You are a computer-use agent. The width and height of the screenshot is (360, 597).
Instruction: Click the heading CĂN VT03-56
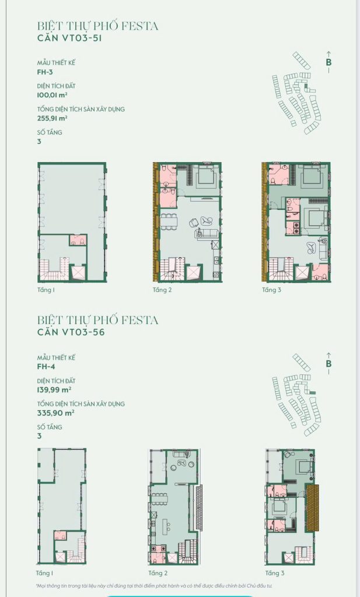(x=71, y=332)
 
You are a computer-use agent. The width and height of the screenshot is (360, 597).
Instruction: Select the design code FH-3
(x=45, y=72)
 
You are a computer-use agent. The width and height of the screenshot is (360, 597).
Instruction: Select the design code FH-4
(x=46, y=367)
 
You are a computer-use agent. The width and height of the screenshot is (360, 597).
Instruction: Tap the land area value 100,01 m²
(x=53, y=95)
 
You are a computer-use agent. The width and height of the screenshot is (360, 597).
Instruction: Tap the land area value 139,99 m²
(x=54, y=390)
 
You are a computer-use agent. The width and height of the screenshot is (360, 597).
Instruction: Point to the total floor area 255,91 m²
(x=53, y=118)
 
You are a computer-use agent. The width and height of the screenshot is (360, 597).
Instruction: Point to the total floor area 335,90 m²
(x=55, y=413)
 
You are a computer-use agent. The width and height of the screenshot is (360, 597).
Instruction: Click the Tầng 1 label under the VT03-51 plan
(x=46, y=290)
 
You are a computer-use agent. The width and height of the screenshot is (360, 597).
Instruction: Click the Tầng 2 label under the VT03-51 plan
(x=162, y=290)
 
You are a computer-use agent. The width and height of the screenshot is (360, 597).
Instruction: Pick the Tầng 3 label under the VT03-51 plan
(x=271, y=290)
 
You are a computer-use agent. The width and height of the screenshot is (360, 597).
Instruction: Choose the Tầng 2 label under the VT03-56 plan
(x=158, y=574)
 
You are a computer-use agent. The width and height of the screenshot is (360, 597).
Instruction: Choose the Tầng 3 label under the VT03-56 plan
(x=275, y=574)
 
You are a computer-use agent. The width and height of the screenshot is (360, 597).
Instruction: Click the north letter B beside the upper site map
(x=328, y=62)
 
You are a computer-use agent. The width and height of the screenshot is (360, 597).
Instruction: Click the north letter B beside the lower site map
(x=328, y=364)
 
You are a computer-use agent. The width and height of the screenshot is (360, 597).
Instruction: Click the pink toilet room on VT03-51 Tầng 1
(x=78, y=240)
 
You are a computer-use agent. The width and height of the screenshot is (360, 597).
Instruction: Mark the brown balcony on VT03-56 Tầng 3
(x=312, y=508)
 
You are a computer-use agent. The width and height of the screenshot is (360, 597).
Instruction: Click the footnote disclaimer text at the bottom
(x=154, y=587)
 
